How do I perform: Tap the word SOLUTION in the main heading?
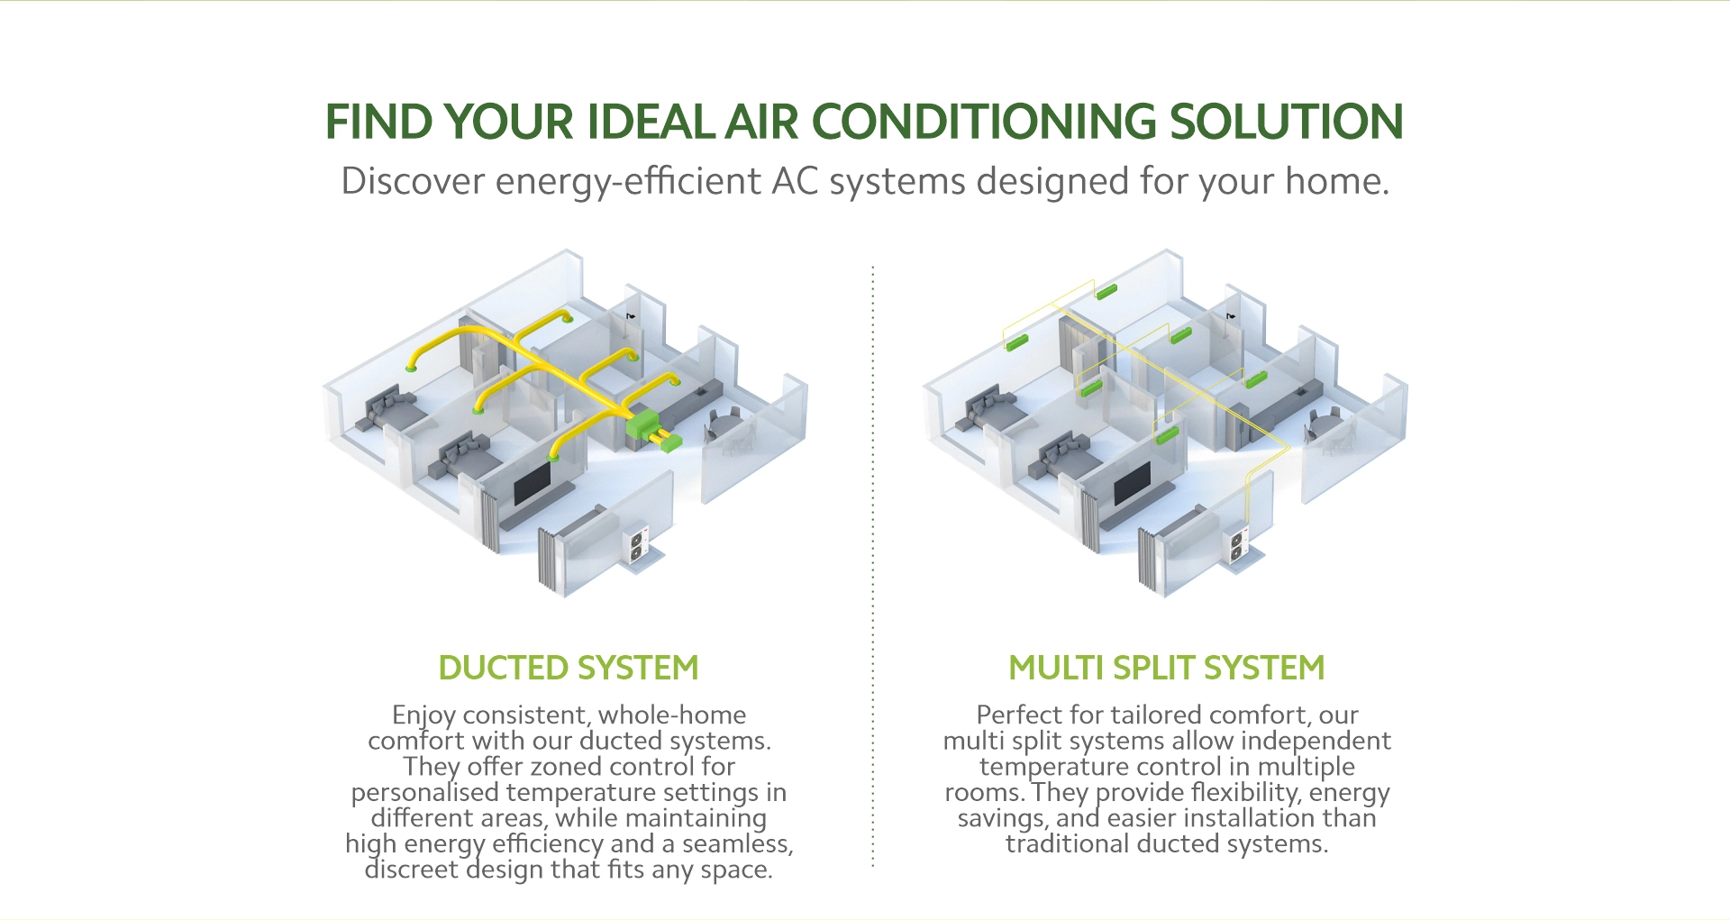(x=1286, y=122)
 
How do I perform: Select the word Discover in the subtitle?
(x=413, y=181)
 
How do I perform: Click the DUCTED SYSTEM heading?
(x=569, y=668)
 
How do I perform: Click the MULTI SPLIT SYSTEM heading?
(x=1167, y=668)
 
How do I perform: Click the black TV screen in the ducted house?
(x=533, y=484)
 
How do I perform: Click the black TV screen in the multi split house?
(x=1133, y=484)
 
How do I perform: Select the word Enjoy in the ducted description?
(x=423, y=715)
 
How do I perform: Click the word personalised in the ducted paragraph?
(x=425, y=793)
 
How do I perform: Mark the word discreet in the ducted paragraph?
(x=412, y=870)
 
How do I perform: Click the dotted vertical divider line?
(x=872, y=566)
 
